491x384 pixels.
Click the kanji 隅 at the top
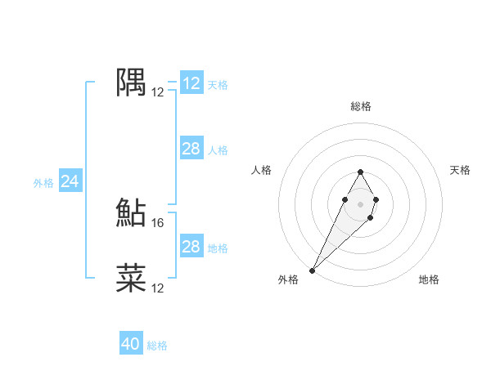(x=131, y=83)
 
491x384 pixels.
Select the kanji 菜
(x=131, y=279)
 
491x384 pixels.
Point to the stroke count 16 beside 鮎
(x=159, y=222)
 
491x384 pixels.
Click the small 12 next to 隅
(x=158, y=92)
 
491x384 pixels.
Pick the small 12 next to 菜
(x=158, y=288)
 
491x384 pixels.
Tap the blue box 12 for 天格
(x=191, y=83)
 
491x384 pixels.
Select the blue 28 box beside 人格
(x=191, y=149)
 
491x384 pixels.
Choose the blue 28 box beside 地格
(x=191, y=247)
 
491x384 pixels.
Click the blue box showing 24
(x=70, y=181)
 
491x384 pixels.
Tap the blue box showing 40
(x=131, y=344)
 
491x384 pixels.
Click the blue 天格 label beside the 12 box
(x=218, y=84)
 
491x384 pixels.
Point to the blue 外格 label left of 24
(x=43, y=183)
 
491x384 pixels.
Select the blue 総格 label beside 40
(x=157, y=346)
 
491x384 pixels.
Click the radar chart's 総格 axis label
(x=360, y=106)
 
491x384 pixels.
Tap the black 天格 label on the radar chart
(x=461, y=170)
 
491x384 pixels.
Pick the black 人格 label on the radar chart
(x=261, y=170)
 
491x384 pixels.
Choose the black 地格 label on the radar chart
(x=429, y=279)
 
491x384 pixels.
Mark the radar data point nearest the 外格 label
(x=313, y=270)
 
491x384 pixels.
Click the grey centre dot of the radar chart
(x=360, y=203)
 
